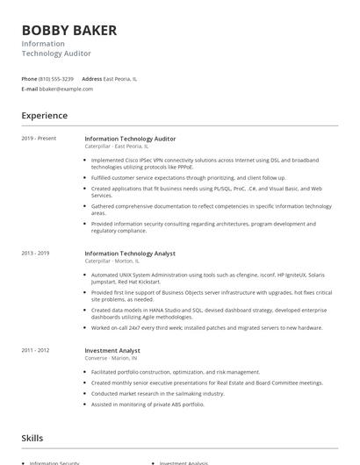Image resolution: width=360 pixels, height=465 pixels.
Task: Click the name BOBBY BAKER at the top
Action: coord(69,32)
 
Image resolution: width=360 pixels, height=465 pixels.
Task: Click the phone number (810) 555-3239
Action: coord(56,79)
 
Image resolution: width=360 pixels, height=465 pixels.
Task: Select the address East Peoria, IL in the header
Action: coord(120,79)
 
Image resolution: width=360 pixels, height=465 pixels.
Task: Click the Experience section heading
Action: coord(45,116)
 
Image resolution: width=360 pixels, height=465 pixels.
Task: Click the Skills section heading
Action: coord(33,436)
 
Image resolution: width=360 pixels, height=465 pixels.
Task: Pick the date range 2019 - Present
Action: coord(39,139)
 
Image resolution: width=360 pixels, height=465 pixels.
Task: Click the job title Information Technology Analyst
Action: coord(130,254)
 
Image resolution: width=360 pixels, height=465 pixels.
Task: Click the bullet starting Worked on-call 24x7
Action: coord(206,327)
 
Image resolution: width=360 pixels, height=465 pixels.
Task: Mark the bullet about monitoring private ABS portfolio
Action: coord(148,404)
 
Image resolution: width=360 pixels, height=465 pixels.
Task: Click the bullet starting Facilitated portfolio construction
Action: coord(176,372)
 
